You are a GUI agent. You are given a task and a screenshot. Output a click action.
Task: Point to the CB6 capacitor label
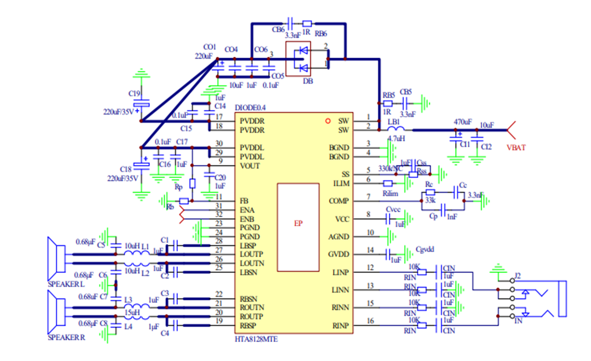(278, 30)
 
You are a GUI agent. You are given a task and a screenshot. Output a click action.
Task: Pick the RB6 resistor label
(321, 34)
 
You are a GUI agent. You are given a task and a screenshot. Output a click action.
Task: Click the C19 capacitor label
(134, 93)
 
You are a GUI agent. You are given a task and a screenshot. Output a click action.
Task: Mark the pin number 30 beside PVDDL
(219, 143)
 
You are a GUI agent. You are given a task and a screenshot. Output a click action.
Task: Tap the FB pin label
(244, 201)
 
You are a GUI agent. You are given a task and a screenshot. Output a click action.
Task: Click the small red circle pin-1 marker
(328, 120)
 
